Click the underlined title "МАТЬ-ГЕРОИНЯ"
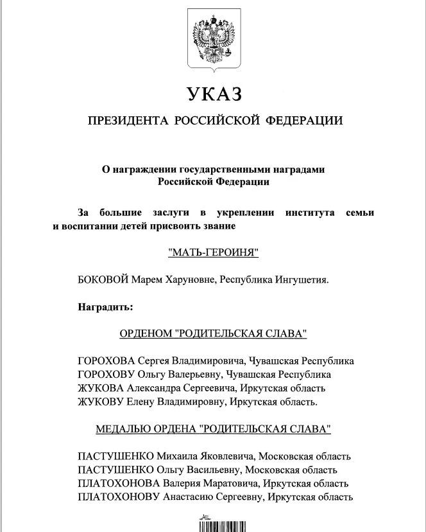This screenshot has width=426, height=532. point(213,253)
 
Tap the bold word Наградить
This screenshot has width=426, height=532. point(105,306)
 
